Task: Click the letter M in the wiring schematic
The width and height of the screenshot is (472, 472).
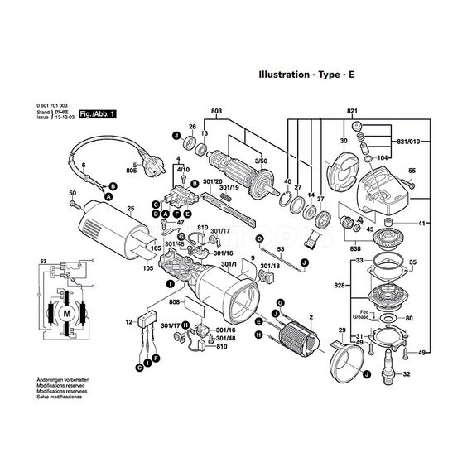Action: (63, 315)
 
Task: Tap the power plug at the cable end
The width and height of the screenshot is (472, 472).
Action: (157, 163)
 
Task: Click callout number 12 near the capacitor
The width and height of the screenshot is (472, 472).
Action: (129, 321)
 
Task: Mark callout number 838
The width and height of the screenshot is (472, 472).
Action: (355, 248)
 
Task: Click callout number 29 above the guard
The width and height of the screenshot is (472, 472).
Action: (341, 331)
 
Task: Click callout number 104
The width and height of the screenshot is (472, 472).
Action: (383, 156)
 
